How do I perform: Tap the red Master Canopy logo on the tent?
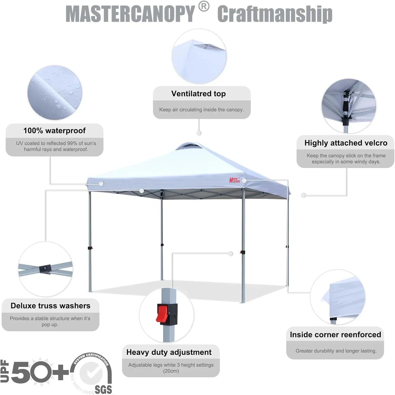(x=235, y=180)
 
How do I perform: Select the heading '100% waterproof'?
(x=55, y=131)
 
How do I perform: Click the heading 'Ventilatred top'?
(x=198, y=94)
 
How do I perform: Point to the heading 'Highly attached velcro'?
(x=346, y=143)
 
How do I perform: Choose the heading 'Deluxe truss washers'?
(x=50, y=306)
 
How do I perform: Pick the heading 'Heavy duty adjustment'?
(x=169, y=352)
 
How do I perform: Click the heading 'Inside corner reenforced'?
(x=335, y=335)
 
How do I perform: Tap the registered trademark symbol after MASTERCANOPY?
(x=204, y=7)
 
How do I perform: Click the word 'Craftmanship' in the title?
(x=275, y=14)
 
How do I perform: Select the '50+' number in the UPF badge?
(x=40, y=372)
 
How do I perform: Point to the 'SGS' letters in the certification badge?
(x=103, y=389)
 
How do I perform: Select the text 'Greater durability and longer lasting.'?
(x=336, y=351)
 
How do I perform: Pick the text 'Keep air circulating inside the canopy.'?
(x=201, y=110)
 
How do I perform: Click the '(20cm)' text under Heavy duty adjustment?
(x=171, y=371)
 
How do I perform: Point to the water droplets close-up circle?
(x=55, y=93)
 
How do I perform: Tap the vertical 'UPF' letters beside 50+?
(x=4, y=371)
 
